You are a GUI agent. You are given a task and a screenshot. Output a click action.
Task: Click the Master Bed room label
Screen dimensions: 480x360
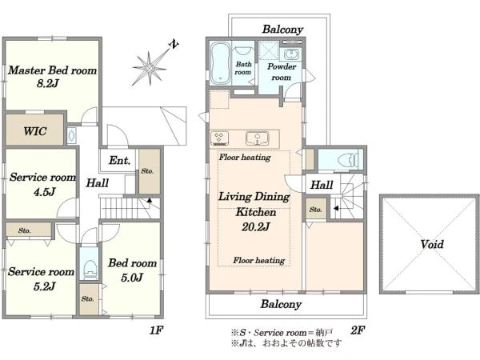pyautogui.click(x=52, y=70)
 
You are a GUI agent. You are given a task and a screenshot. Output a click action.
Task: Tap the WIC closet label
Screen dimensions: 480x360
pyautogui.click(x=35, y=131)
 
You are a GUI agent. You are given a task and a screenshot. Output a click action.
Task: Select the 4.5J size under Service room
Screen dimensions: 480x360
pyautogui.click(x=44, y=192)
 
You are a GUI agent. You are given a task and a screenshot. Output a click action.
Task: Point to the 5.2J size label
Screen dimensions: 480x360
pyautogui.click(x=44, y=286)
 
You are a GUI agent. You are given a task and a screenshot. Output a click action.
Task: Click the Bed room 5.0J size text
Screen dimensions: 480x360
pyautogui.click(x=132, y=278)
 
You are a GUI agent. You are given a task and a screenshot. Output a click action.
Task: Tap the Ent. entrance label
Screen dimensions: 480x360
pyautogui.click(x=119, y=160)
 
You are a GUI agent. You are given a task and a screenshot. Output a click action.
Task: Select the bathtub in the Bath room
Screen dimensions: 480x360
pyautogui.click(x=221, y=63)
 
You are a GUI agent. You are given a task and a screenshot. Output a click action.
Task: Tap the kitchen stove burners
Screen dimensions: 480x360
pyautogui.click(x=220, y=138)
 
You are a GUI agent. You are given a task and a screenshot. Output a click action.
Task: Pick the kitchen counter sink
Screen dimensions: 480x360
pyautogui.click(x=257, y=138)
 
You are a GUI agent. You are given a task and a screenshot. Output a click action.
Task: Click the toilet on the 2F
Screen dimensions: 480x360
pyautogui.click(x=348, y=159)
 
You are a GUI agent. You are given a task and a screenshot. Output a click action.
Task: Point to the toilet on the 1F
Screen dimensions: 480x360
pyautogui.click(x=89, y=270)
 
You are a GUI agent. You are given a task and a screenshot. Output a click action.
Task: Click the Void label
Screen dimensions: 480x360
pyautogui.click(x=432, y=244)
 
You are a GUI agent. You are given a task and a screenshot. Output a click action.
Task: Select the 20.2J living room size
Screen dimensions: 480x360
pyautogui.click(x=256, y=227)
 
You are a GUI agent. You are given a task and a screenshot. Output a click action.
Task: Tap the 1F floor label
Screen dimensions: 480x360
pyautogui.click(x=156, y=330)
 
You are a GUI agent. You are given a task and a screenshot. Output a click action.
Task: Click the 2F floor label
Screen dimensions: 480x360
pyautogui.click(x=358, y=330)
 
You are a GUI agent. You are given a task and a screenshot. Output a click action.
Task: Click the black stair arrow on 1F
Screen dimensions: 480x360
pyautogui.click(x=150, y=200)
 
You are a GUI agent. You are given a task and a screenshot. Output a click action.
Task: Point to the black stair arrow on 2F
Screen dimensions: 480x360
pyautogui.click(x=336, y=209)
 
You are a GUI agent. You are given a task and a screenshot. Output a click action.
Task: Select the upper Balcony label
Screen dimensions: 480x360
pyautogui.click(x=282, y=29)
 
